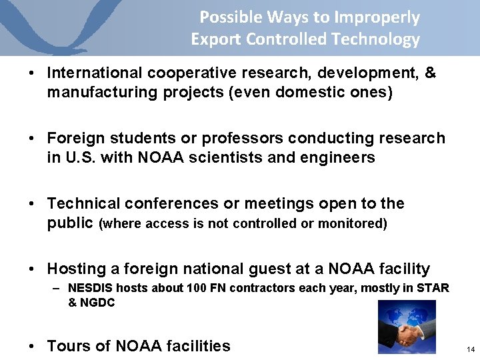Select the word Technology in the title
[x=381, y=39]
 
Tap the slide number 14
[x=471, y=349]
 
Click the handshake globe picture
[x=406, y=326]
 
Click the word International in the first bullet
[x=95, y=73]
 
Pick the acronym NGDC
[x=98, y=303]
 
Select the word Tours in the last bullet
[x=69, y=346]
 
